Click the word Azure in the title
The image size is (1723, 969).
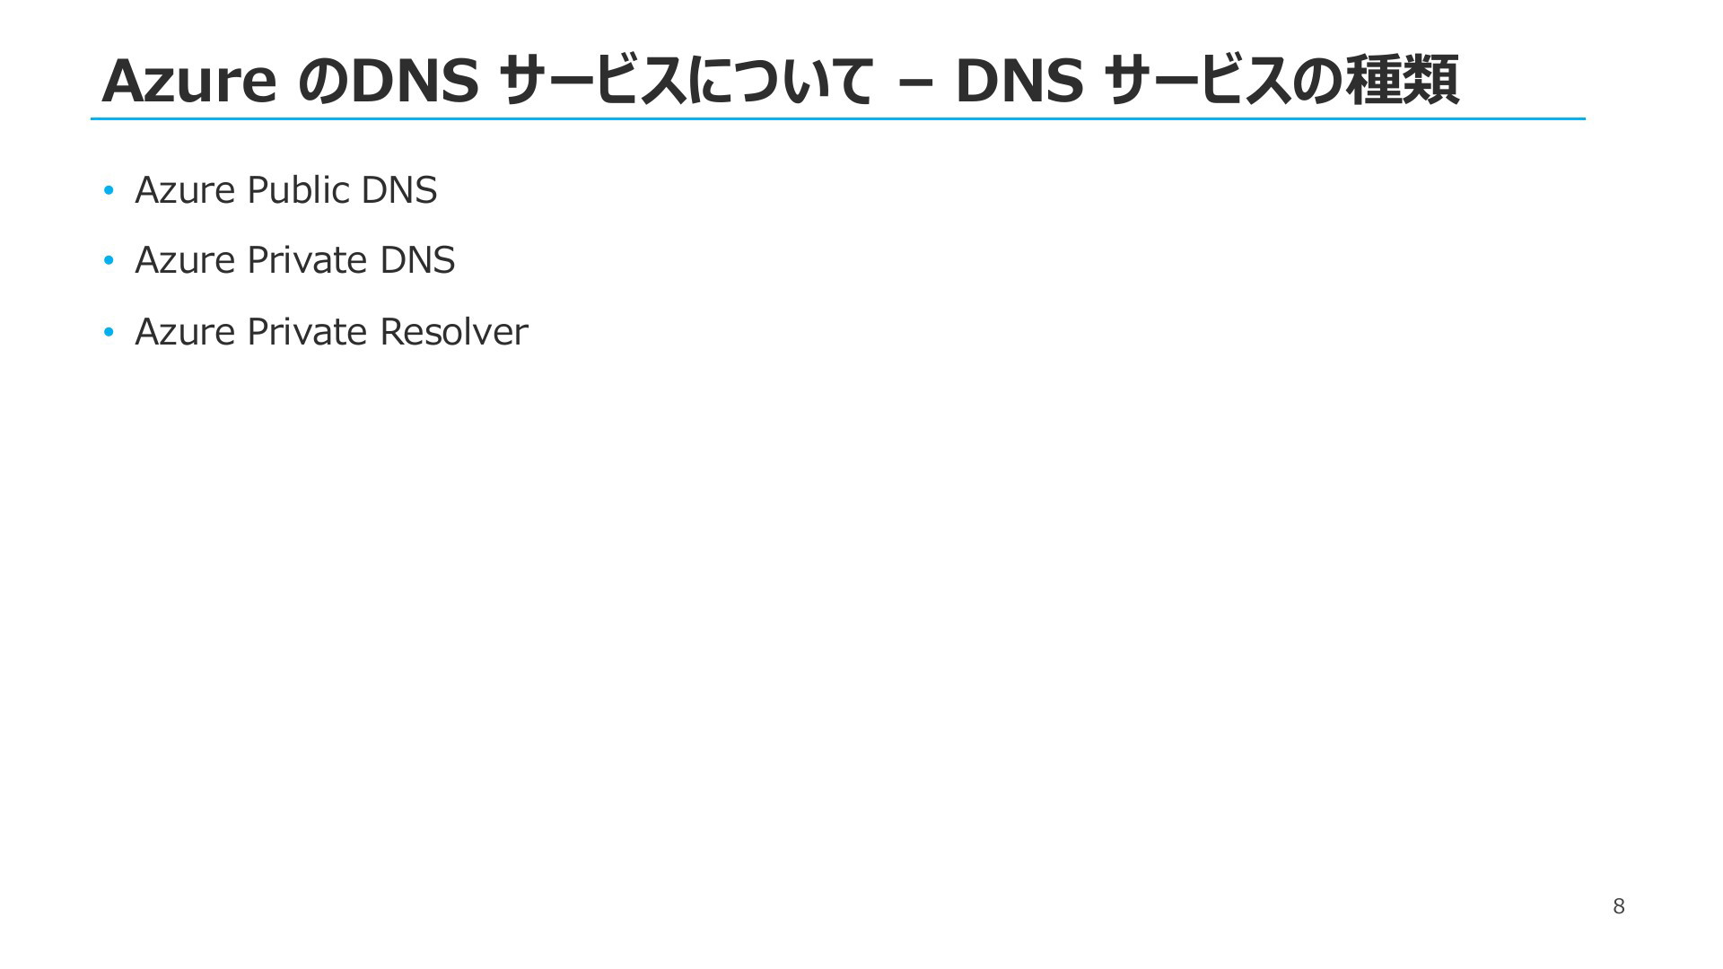(188, 81)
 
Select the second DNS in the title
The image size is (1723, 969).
(1019, 81)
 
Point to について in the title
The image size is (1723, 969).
(780, 81)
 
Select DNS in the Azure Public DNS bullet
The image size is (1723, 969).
(398, 190)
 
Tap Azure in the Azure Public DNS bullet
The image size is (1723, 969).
(185, 190)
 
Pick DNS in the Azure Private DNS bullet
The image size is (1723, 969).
(417, 261)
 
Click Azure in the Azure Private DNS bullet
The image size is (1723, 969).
(185, 261)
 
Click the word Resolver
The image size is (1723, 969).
(453, 332)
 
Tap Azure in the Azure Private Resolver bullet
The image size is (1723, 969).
(185, 332)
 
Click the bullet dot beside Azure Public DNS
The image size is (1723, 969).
(109, 190)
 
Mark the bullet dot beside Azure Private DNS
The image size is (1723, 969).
(109, 261)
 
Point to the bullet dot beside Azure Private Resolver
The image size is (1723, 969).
(109, 333)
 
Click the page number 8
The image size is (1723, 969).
(1618, 906)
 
